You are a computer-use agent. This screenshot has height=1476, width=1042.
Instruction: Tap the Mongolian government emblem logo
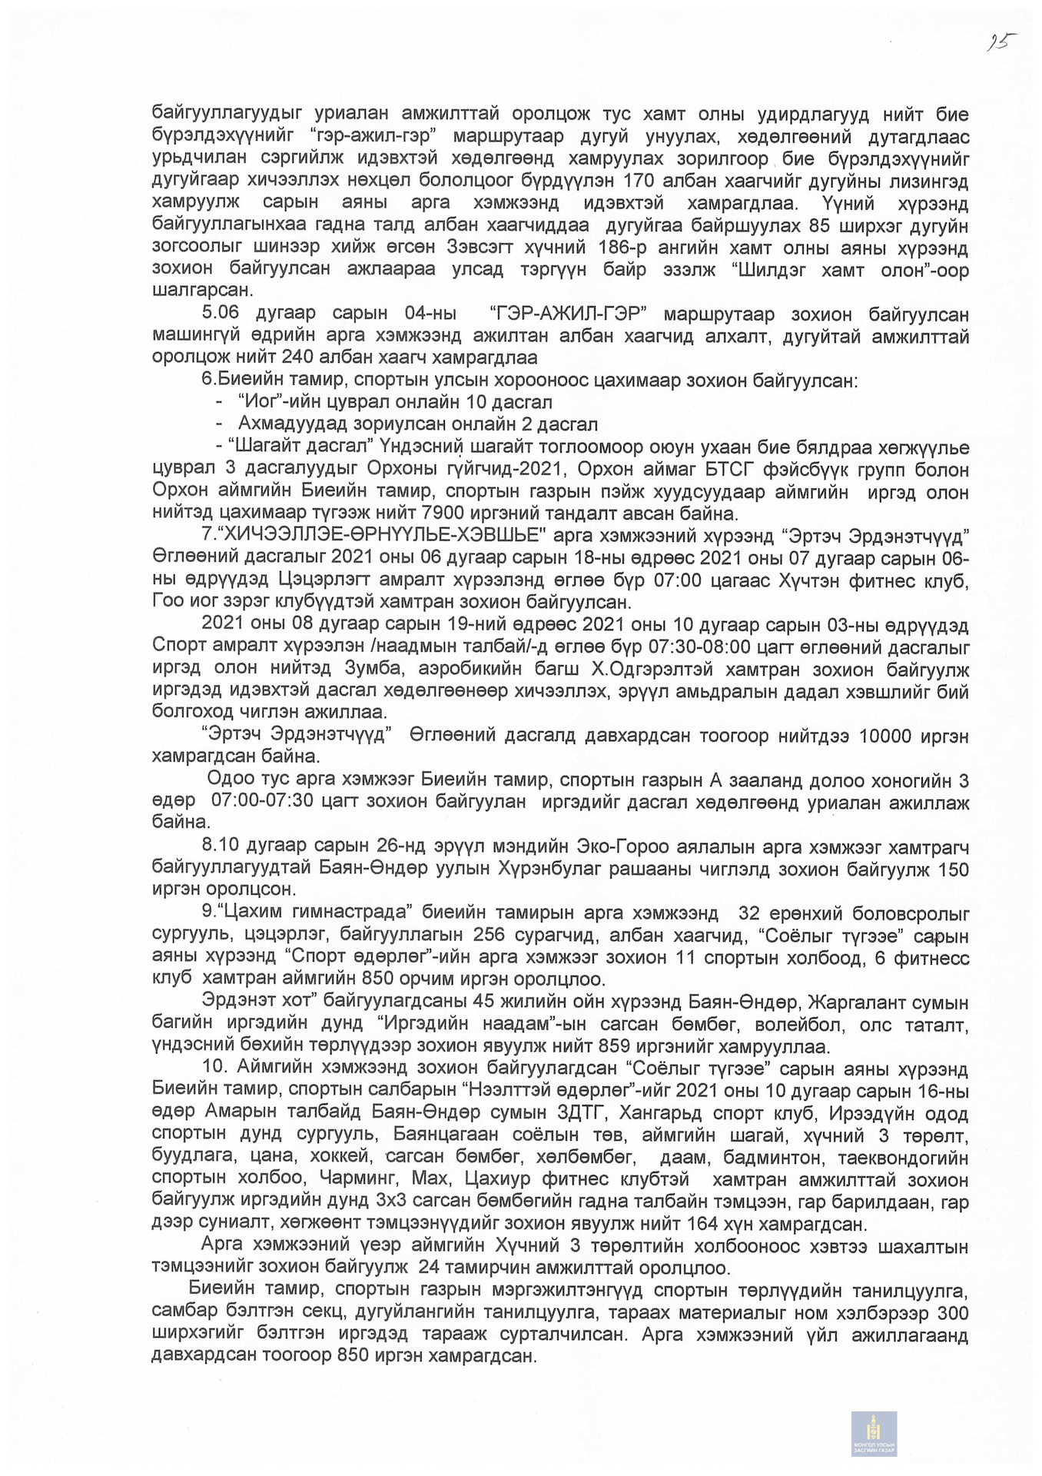[x=874, y=1433]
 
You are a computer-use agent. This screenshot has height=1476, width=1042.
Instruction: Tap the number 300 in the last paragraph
[x=951, y=1311]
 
